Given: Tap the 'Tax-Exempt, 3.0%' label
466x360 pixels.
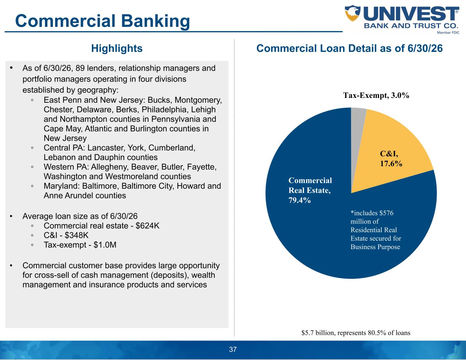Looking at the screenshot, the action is click(x=376, y=95).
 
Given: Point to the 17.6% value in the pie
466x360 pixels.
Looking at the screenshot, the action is click(x=391, y=164).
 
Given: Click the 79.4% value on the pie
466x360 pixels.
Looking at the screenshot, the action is click(x=300, y=200).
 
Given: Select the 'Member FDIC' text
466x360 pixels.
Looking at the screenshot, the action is click(x=448, y=33).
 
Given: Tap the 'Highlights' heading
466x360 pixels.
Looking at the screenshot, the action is click(x=117, y=48).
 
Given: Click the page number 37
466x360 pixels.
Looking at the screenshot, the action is click(x=233, y=349).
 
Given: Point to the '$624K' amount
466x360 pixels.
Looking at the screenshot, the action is click(x=147, y=226).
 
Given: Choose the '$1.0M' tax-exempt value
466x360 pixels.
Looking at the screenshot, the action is click(x=105, y=245).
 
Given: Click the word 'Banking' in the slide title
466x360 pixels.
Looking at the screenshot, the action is click(x=156, y=21).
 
